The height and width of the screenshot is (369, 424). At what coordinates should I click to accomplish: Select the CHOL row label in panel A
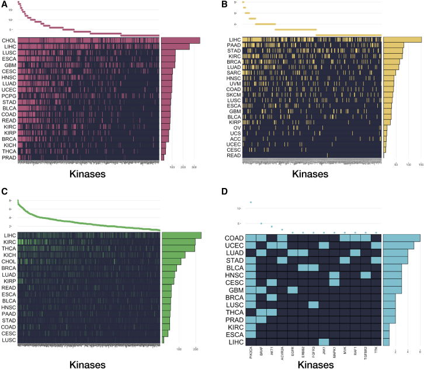(x=9, y=40)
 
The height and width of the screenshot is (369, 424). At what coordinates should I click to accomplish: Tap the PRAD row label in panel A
(x=9, y=157)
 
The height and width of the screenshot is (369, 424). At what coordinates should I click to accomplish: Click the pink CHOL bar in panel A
(x=180, y=40)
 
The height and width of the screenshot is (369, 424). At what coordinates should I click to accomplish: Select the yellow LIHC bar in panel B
(x=402, y=40)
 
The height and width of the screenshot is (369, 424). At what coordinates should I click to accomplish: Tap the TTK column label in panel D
(x=376, y=352)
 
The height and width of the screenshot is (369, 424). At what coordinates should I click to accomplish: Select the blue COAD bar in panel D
(x=401, y=238)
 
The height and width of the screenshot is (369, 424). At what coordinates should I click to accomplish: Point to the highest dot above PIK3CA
(x=251, y=203)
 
